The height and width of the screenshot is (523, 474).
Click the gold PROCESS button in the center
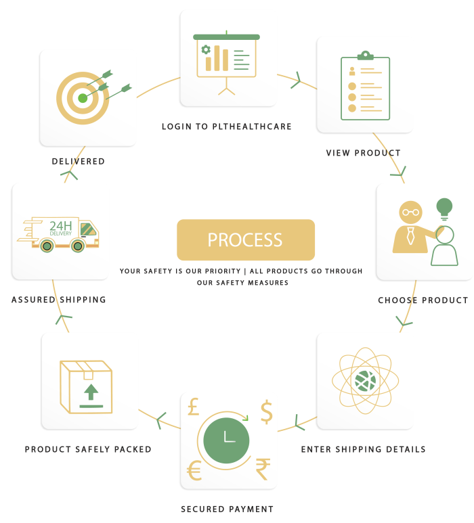tap(246, 240)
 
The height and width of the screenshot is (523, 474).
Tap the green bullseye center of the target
tap(83, 98)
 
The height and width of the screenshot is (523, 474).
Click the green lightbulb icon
tap(444, 209)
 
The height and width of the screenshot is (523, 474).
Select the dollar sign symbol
tap(266, 411)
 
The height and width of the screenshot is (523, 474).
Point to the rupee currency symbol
tap(263, 469)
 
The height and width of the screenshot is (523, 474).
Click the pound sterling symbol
tap(193, 407)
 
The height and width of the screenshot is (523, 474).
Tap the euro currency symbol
tap(194, 470)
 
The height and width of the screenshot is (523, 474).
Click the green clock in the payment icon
tap(226, 440)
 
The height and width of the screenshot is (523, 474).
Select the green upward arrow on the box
tap(91, 392)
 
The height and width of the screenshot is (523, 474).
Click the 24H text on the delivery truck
tap(61, 226)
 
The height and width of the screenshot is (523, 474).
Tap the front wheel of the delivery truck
tap(78, 246)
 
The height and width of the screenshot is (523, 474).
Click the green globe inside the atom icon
tap(365, 381)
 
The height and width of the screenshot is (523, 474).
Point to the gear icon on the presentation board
tap(206, 49)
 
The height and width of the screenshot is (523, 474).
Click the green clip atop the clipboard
tap(365, 55)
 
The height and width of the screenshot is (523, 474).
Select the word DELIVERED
tap(79, 162)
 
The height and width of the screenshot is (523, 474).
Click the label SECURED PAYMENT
tap(228, 509)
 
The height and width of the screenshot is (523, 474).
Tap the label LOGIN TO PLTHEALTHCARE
tap(227, 127)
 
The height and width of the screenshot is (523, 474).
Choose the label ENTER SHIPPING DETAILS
tap(363, 449)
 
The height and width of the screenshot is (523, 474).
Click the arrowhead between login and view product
tap(297, 81)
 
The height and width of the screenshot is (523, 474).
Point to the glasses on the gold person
tap(410, 212)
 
